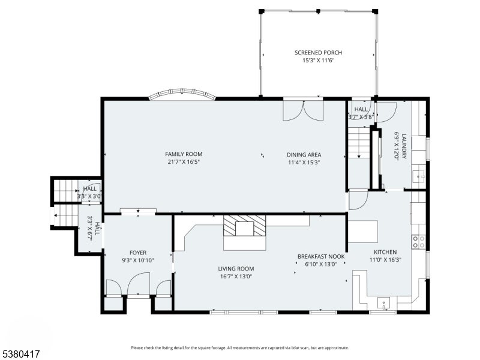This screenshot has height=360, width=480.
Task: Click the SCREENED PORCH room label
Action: pyautogui.click(x=318, y=52)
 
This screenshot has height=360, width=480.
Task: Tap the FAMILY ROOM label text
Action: pyautogui.click(x=184, y=154)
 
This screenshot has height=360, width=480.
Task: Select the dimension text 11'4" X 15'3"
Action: pyautogui.click(x=304, y=162)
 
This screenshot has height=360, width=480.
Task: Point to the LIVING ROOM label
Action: pyautogui.click(x=236, y=268)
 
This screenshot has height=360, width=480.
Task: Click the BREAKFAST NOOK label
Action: pyautogui.click(x=321, y=256)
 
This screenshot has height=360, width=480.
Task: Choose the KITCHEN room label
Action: pyautogui.click(x=385, y=252)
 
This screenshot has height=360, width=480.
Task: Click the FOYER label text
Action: pyautogui.click(x=138, y=253)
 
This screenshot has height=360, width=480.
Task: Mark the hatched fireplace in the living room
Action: pyautogui.click(x=245, y=226)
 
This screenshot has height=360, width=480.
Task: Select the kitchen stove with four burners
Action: pyautogui.click(x=418, y=242)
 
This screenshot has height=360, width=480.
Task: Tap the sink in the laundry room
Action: pyautogui.click(x=418, y=176)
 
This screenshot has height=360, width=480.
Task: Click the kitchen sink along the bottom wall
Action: pyautogui.click(x=384, y=304)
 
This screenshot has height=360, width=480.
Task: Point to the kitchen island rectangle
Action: pyautogui.click(x=363, y=232)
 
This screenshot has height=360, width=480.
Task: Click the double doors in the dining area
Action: pyautogui.click(x=303, y=110)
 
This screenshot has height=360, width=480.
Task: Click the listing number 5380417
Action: pyautogui.click(x=20, y=354)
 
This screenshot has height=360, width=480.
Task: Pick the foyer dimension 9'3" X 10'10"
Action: pyautogui.click(x=138, y=260)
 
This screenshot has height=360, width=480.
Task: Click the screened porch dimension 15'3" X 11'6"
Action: pyautogui.click(x=318, y=61)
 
